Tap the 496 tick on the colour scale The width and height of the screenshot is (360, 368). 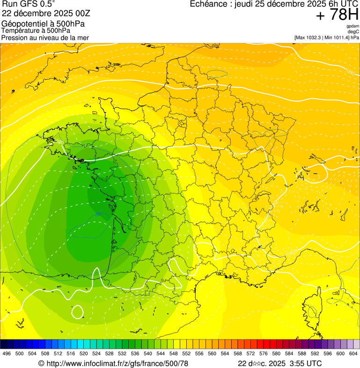(x=7, y=353)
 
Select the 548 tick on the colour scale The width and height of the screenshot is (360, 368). (x=174, y=353)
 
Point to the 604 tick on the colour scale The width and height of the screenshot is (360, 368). (x=353, y=353)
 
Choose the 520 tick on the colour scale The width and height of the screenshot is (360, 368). (x=84, y=353)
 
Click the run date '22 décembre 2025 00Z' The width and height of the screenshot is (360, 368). (x=39, y=13)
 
